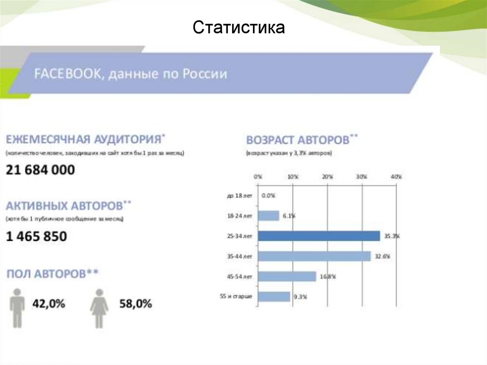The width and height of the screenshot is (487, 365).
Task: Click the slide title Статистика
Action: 239,28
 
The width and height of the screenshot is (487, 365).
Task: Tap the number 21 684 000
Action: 40,170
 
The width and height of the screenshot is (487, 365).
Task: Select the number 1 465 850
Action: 37,236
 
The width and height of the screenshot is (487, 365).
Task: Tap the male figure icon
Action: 17,307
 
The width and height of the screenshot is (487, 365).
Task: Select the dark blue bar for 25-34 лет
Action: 319,236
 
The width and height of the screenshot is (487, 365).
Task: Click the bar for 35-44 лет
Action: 314,256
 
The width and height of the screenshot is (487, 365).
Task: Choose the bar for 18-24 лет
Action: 269,216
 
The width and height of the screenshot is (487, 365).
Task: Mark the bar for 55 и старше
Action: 274,296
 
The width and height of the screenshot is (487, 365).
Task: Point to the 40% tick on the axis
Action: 396,177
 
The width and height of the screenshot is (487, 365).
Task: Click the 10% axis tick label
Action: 292,177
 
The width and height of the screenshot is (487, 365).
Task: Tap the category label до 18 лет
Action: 239,196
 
